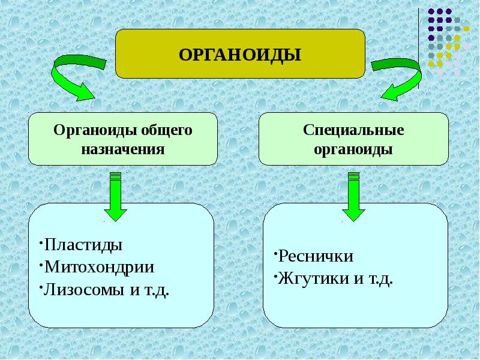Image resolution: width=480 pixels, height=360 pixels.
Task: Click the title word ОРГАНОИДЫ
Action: tap(240, 55)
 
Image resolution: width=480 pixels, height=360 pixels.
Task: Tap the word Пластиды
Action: tap(83, 245)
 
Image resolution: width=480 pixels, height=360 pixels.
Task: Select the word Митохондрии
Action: tap(99, 267)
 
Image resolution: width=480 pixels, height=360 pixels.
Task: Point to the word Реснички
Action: tap(316, 256)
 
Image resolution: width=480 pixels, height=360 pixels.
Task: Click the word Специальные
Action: tap(353, 130)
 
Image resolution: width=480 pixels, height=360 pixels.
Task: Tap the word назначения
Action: tap(123, 149)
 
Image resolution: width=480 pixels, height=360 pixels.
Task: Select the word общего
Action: tap(167, 131)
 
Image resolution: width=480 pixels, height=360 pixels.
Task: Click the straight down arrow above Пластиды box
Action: tap(115, 196)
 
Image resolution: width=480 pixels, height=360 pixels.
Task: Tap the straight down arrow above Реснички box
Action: tap(353, 196)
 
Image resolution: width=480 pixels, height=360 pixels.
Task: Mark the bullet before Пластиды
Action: tap(41, 242)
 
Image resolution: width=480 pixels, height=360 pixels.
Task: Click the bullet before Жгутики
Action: tap(275, 276)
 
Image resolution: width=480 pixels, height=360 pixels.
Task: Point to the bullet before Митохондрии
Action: tap(41, 265)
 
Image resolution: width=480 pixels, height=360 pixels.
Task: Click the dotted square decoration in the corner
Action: tap(448, 42)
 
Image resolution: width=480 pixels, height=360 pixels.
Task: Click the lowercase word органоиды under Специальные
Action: tap(353, 150)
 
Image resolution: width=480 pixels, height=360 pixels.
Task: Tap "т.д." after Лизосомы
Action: tap(156, 290)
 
